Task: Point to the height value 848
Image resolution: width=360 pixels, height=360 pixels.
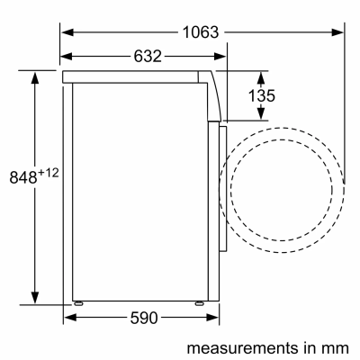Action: coord(19,176)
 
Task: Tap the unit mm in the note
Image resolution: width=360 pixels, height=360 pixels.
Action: coord(337,346)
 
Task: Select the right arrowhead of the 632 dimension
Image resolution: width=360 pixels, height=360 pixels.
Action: coord(220,57)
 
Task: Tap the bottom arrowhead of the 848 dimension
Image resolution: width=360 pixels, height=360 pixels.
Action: coord(36,299)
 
